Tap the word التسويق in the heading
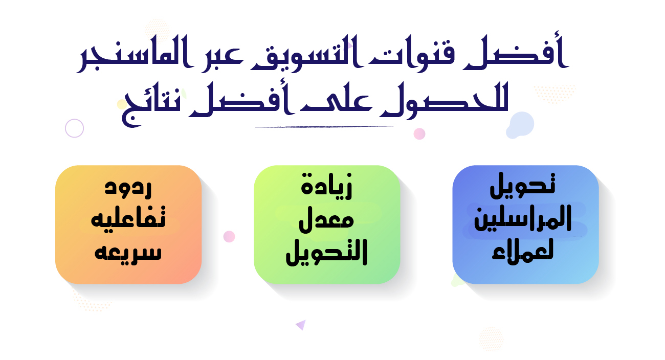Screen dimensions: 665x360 (x=303, y=53)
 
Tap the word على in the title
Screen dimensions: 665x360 (x=336, y=102)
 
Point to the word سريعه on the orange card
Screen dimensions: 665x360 (x=128, y=253)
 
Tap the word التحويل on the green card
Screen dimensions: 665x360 (x=326, y=252)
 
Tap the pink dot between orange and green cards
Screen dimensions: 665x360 (x=229, y=237)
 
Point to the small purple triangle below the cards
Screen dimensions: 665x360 (x=301, y=325)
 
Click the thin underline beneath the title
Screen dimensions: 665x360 (x=324, y=127)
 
